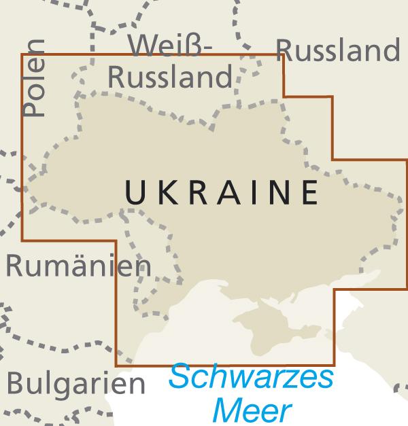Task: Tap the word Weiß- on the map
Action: tap(171, 46)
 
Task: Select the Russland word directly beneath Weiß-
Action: tap(170, 77)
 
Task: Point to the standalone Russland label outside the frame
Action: tap(338, 50)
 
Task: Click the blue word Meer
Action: tap(251, 409)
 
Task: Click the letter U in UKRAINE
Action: tap(135, 192)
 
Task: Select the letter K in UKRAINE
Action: tap(165, 192)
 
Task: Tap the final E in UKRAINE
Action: tap(309, 192)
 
